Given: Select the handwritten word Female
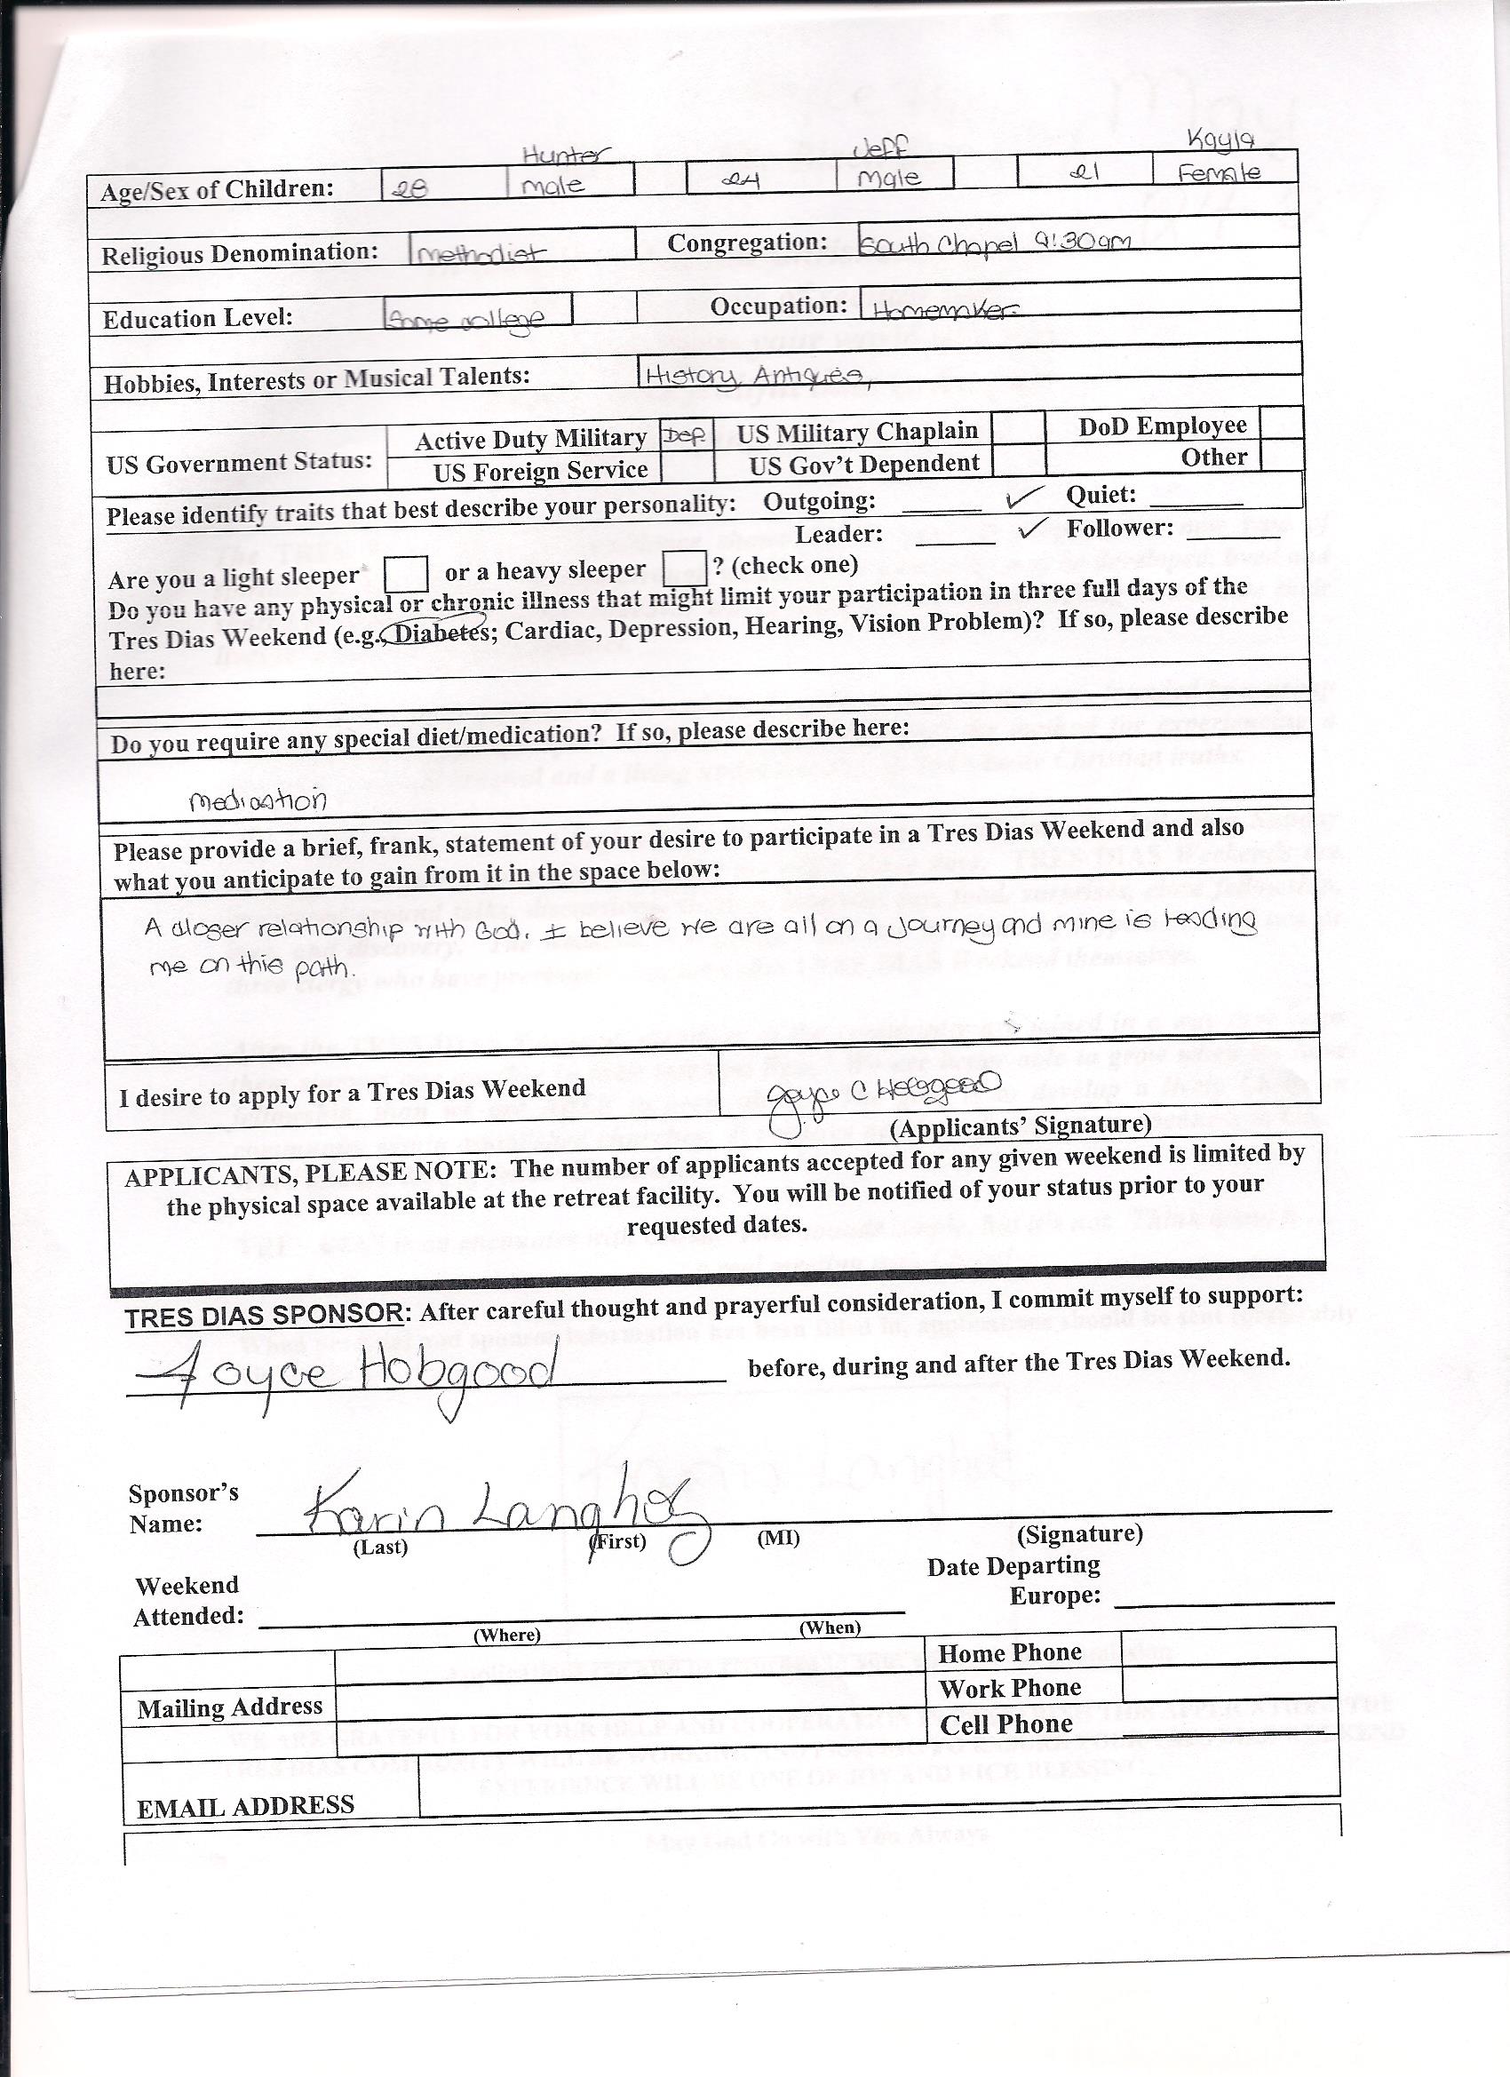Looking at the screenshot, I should (x=1218, y=172).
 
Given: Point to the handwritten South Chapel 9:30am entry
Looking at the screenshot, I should (x=995, y=243).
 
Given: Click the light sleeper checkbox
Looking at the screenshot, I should (x=406, y=574).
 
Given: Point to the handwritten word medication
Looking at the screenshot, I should (x=258, y=801).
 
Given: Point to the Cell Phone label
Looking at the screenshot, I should (x=1005, y=1725).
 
